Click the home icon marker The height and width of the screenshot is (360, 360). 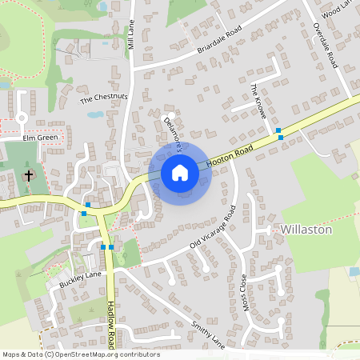point(179,172)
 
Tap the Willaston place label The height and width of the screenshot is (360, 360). point(307,229)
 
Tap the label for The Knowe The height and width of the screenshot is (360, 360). point(258,102)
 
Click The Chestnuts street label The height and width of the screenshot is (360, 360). point(104,98)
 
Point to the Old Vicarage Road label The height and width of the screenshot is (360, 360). point(209,229)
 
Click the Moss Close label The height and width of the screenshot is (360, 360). point(244,294)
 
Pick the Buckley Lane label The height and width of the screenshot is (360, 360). point(80,278)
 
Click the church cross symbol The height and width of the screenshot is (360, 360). point(29,174)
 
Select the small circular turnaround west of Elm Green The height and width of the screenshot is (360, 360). point(22,118)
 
